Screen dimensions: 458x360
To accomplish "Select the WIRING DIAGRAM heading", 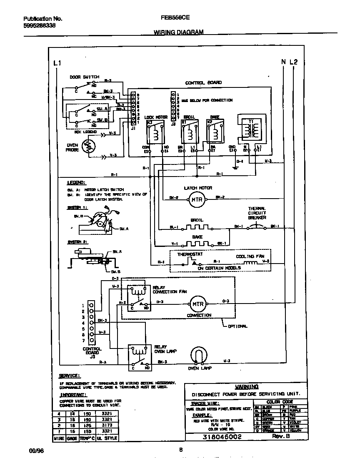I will coord(179,32).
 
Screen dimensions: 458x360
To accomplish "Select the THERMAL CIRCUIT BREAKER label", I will coord(257,213).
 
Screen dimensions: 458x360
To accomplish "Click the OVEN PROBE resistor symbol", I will coord(88,147).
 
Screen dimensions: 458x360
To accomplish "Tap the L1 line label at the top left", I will coord(57,63).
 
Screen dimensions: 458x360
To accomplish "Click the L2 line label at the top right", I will coord(294,62).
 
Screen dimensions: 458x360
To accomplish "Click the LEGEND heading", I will coord(76,182).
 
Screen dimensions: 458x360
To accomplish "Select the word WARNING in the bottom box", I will coord(247,386).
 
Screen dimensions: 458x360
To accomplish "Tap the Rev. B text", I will coord(282,436).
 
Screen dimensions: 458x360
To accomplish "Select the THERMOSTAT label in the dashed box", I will coord(190,254).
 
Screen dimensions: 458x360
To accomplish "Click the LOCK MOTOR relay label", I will coord(155,117).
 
